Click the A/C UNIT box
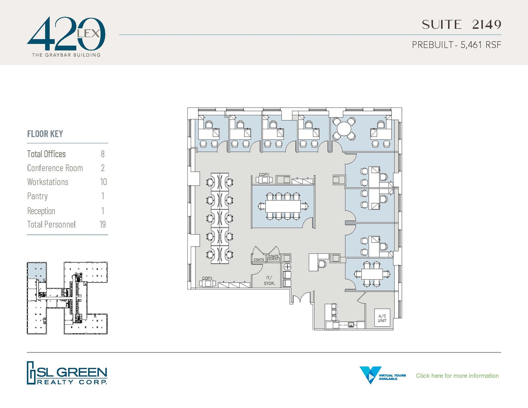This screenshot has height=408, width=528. tap(382, 318)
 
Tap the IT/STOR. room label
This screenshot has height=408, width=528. tap(269, 280)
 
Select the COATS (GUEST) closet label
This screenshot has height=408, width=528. tap(274, 257)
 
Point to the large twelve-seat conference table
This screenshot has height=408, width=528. tap(283, 206)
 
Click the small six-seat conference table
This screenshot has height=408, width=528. tap(372, 274)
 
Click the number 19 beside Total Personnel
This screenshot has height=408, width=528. tap(103, 224)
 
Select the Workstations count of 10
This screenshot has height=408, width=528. tap(103, 182)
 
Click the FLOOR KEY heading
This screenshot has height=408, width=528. tap(45, 134)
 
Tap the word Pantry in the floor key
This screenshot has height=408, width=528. tap(37, 196)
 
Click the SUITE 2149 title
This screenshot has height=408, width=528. tap(461, 25)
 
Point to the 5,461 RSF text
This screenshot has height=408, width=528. tap(481, 45)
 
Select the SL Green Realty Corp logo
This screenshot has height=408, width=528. tap(67, 373)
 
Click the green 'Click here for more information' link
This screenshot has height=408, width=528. tap(457, 376)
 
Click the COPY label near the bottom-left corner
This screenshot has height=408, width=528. tap(207, 278)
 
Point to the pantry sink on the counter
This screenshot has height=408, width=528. tap(351, 325)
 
